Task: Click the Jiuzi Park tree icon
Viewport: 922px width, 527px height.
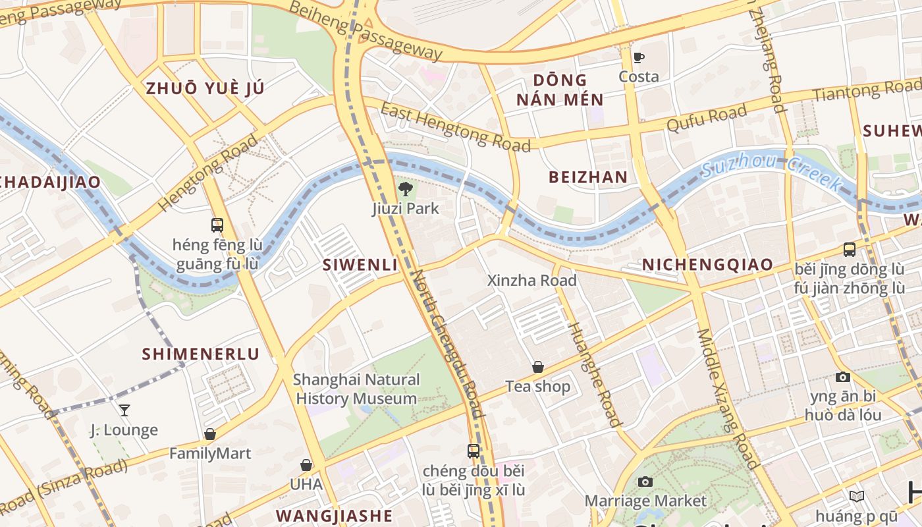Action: pos(405,190)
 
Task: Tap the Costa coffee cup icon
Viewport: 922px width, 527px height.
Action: pos(638,57)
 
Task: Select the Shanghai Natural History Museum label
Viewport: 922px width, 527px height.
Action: pos(356,389)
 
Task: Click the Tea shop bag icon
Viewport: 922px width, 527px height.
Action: pos(538,367)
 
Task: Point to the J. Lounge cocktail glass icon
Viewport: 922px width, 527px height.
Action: pos(124,410)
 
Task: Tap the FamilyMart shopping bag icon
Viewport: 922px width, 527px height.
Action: pos(210,434)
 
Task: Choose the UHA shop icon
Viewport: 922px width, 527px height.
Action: pos(306,465)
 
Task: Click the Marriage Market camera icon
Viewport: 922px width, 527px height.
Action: pos(645,482)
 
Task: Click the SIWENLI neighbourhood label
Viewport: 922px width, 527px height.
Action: pos(360,265)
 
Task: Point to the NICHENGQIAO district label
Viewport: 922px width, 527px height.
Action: pos(707,265)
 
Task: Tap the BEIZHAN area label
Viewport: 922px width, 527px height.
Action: pos(588,177)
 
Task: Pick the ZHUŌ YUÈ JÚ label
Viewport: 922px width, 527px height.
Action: pos(205,88)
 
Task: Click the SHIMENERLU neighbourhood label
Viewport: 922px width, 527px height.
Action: pos(201,354)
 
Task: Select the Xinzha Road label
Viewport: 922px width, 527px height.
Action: pos(531,280)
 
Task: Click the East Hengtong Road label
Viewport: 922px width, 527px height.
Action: pos(455,126)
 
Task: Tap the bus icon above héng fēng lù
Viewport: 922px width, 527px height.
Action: pos(217,225)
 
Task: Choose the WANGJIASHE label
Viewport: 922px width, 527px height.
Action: pos(334,514)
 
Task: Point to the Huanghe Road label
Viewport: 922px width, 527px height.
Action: pos(594,375)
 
